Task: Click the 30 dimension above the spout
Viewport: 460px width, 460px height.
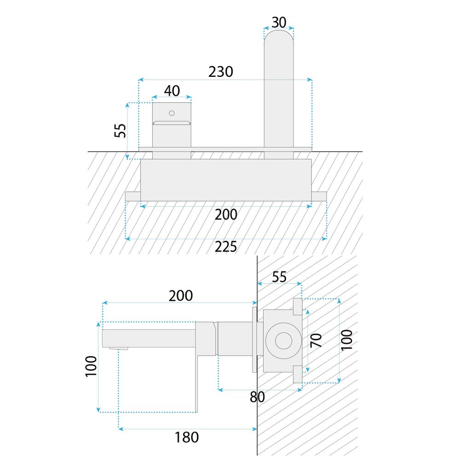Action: click(279, 22)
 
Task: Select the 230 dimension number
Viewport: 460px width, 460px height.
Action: click(221, 72)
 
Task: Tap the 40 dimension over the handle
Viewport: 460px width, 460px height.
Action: click(172, 91)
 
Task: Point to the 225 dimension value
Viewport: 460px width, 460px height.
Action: click(225, 247)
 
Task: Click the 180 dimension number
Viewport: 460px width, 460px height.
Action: click(187, 437)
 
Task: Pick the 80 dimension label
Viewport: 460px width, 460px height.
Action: click(257, 397)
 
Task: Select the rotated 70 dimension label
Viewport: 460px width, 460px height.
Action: click(316, 340)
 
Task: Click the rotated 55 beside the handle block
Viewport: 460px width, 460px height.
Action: click(120, 131)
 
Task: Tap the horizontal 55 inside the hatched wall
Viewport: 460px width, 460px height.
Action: click(279, 277)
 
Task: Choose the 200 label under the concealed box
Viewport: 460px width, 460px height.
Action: click(226, 214)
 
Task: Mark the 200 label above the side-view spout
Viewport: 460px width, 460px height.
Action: click(181, 296)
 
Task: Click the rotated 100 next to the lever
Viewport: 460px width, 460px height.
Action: click(91, 366)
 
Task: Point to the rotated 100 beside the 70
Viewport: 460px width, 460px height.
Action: click(347, 340)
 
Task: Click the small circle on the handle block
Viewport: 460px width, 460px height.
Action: click(172, 113)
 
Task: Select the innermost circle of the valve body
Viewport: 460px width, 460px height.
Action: click(284, 341)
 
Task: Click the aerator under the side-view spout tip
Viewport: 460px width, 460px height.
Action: click(119, 348)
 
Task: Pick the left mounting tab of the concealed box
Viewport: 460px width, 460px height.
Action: click(133, 196)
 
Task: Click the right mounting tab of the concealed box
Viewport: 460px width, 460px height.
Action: click(319, 196)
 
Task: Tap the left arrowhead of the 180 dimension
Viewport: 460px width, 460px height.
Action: click(121, 429)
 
